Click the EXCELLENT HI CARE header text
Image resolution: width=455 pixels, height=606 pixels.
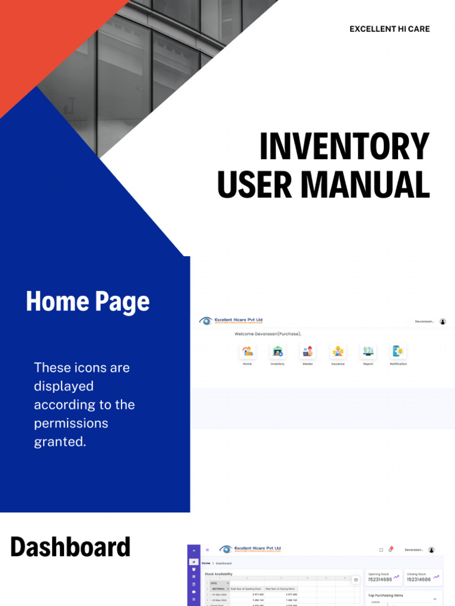389,29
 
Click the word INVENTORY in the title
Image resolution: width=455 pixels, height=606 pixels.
344,147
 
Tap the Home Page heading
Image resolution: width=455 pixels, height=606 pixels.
88,301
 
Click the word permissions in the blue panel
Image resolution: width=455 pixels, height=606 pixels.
71,423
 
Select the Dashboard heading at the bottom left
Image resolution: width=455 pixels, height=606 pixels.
70,547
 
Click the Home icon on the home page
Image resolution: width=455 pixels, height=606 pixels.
248,352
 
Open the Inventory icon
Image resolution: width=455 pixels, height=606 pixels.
277,352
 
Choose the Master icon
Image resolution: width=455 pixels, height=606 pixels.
307,352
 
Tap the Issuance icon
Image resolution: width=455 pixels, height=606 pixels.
338,352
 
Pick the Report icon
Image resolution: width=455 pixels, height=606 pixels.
368,352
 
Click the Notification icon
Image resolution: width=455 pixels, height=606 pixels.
398,352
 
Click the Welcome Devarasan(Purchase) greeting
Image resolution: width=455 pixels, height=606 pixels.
268,334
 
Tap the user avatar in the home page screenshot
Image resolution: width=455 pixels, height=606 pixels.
443,321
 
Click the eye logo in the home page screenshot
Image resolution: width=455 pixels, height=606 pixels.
206,321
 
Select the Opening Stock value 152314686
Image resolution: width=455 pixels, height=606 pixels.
380,580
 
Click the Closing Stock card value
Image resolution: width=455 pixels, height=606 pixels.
418,580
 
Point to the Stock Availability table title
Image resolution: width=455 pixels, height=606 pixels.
219,574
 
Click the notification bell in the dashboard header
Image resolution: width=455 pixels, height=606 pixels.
390,550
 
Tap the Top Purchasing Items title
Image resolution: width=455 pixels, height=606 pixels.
386,595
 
